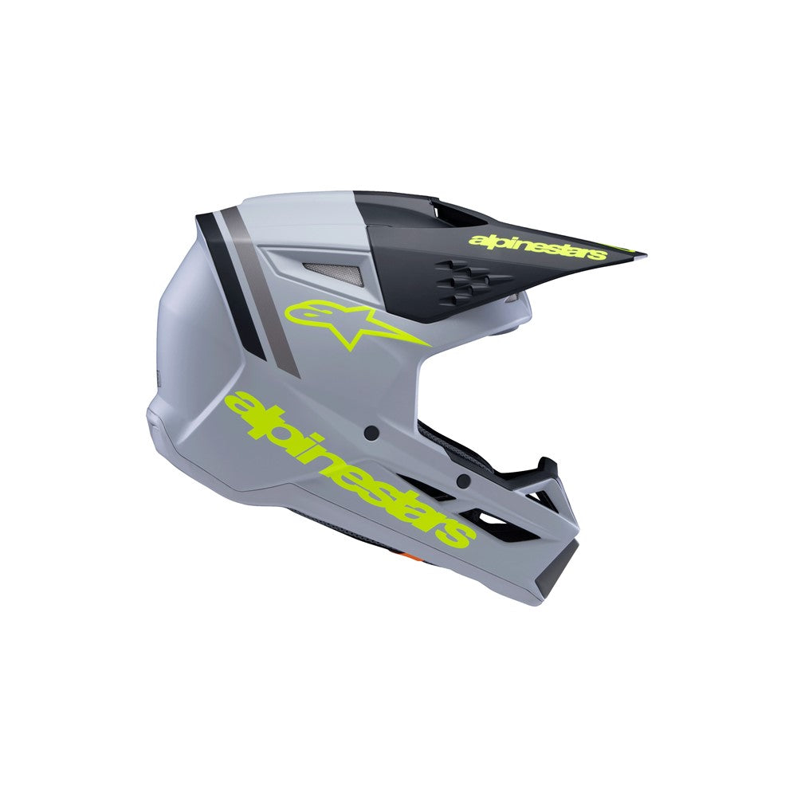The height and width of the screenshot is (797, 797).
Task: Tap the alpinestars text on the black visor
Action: pos(538,247)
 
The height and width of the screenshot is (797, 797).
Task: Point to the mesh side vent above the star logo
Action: pos(335,274)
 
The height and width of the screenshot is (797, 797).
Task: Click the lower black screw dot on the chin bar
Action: pos(461,480)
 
